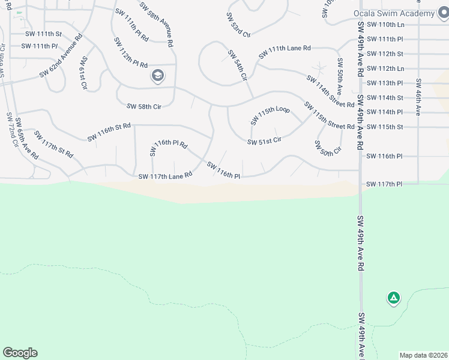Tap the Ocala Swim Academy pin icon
coord(444,13)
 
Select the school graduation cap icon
coord(157,76)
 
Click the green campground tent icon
coord(393,297)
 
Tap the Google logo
coord(20,353)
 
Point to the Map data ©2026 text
coord(423,355)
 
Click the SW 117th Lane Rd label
coord(165,176)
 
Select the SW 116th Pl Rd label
coord(169,144)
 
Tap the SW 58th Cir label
coord(144,106)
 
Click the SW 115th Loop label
coord(270,116)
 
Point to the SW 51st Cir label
coord(265,142)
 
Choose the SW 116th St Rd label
coord(109,133)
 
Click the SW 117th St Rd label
coord(53,144)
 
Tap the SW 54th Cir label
coord(237,64)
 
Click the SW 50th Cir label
coord(328,147)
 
